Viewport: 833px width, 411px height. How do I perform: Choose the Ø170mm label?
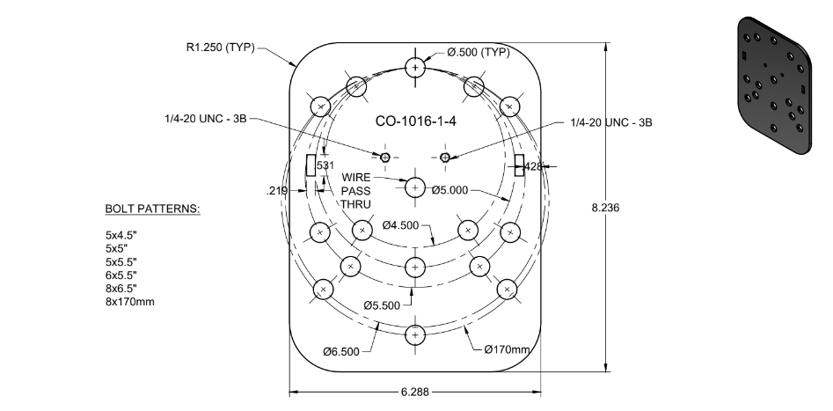(508, 350)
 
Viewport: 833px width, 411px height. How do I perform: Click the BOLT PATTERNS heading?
(152, 209)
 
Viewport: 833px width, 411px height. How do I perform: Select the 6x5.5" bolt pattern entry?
(122, 275)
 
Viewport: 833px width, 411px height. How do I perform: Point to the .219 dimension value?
(277, 189)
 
